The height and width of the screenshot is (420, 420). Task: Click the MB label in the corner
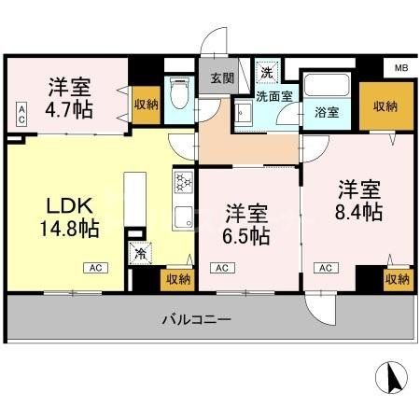[x=400, y=69]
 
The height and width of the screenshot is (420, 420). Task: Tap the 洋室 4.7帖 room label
[x=69, y=95]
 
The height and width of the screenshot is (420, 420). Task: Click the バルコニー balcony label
[x=195, y=319]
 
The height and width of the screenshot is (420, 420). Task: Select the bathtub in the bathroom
[x=326, y=86]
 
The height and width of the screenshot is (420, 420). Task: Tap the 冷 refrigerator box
[x=141, y=253]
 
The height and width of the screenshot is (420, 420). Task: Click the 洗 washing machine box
[x=267, y=72]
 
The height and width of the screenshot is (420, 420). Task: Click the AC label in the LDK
[x=96, y=268]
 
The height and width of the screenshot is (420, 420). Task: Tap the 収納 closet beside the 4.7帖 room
[x=144, y=105]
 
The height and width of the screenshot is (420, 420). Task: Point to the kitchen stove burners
[x=181, y=180]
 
